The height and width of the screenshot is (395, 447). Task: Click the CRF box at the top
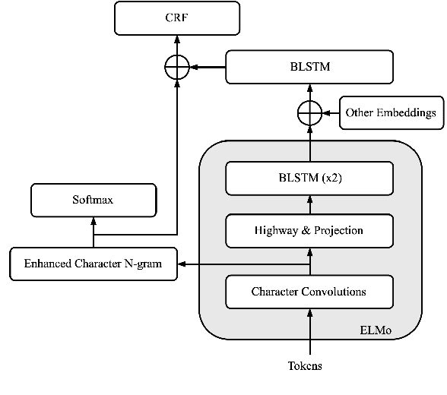(x=176, y=18)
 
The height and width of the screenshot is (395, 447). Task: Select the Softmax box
(x=94, y=200)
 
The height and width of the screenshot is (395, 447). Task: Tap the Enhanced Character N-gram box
(x=93, y=264)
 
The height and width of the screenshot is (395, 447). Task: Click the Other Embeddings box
(x=390, y=113)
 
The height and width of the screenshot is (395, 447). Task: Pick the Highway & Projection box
(x=309, y=230)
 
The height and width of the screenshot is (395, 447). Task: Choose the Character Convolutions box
(x=309, y=292)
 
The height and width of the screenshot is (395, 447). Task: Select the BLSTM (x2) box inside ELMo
(x=309, y=179)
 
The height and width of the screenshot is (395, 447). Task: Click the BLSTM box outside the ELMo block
(x=309, y=68)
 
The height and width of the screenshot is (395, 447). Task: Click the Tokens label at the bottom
(x=305, y=366)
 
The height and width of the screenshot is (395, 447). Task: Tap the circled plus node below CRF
(x=176, y=68)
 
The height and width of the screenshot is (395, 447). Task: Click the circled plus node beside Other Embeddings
(x=309, y=113)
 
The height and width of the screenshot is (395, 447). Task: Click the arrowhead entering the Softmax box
(x=94, y=220)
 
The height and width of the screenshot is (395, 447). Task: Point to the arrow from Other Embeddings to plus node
(x=330, y=113)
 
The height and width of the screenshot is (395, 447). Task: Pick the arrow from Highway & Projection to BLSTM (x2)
(x=309, y=204)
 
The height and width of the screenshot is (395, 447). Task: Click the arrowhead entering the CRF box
(x=176, y=39)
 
